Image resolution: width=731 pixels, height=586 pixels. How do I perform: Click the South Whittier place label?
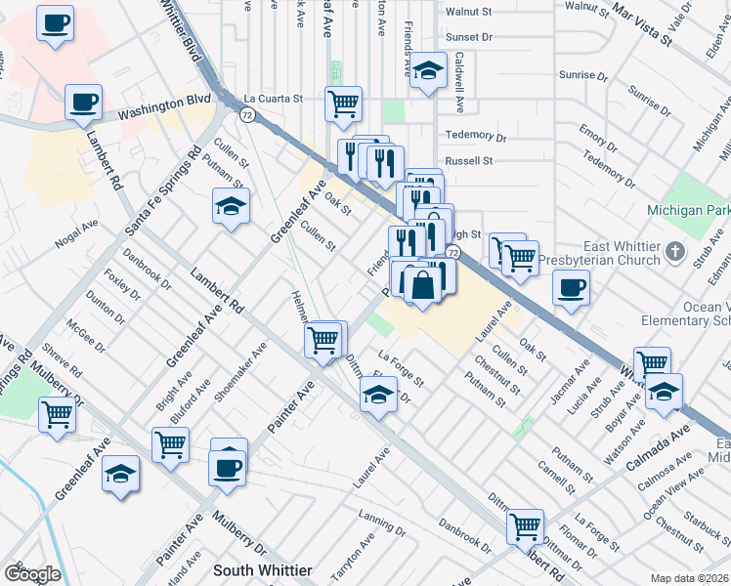tap(263, 569)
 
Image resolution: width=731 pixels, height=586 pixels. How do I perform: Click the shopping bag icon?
tap(421, 286)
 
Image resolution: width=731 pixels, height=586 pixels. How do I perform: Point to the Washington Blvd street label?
tap(164, 106)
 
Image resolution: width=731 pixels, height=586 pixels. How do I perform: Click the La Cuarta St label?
tap(274, 99)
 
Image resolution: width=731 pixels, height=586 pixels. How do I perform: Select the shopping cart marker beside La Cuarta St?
tap(343, 104)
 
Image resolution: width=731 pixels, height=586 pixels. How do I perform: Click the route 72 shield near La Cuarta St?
tap(249, 115)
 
